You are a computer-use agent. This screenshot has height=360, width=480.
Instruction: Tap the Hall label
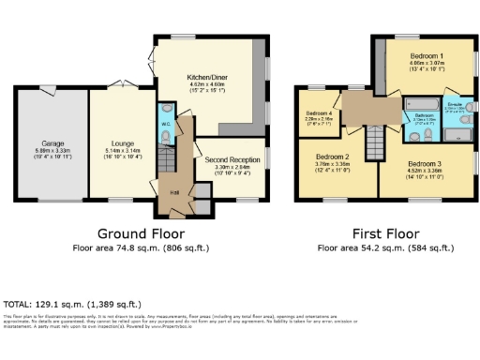[x=174, y=193]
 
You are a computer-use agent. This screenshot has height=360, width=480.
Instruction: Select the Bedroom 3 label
[x=426, y=163]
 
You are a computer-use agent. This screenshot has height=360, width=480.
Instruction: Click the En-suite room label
[x=456, y=103]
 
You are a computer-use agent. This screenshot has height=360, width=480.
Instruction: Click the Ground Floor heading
[x=142, y=233]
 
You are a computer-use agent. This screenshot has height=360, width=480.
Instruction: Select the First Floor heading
[x=384, y=233]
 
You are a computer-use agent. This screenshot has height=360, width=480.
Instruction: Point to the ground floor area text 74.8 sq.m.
[x=141, y=249]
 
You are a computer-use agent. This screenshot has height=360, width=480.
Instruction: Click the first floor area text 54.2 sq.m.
[x=384, y=249]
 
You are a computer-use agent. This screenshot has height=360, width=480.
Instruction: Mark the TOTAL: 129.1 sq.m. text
[x=73, y=305]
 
